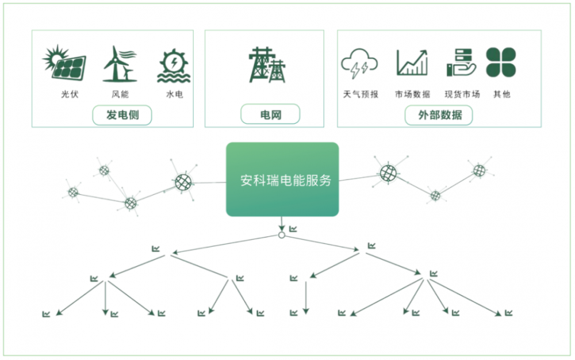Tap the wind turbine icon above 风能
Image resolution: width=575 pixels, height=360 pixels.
click(120, 64)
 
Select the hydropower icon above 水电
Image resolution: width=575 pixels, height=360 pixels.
click(174, 65)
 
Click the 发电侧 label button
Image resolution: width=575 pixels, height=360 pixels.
click(122, 115)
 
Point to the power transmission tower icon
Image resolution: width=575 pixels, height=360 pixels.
click(267, 64)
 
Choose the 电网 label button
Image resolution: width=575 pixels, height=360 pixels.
click(270, 115)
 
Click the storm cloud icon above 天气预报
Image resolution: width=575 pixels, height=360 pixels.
click(359, 63)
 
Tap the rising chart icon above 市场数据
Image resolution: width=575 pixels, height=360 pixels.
click(412, 63)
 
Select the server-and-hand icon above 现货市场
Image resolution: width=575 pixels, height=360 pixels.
click(461, 63)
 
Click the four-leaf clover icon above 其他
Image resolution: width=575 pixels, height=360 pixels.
click(501, 62)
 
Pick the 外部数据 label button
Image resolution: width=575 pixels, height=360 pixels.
click(439, 115)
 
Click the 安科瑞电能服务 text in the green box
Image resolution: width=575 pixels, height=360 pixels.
click(286, 181)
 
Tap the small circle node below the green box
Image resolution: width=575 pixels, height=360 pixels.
click(282, 235)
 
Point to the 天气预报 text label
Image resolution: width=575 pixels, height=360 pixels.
click(361, 94)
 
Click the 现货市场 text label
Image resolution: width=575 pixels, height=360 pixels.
click(462, 94)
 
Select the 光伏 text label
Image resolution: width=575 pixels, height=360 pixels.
click(70, 94)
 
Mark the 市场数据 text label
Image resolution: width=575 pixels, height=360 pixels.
click(412, 94)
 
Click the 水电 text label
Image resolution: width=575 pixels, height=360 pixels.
click(175, 94)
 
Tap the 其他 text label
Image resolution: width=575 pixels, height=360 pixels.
click(501, 94)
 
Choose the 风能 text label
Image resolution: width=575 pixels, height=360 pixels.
click(120, 94)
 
